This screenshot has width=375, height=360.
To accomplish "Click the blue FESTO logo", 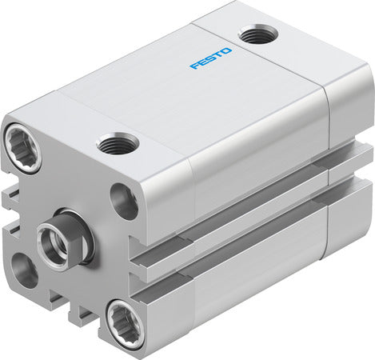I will click(x=211, y=58).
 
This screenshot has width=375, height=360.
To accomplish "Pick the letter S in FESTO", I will click(x=210, y=59).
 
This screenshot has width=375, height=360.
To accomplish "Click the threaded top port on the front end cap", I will click(x=118, y=145).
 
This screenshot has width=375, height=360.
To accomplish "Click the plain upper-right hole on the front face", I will click(x=124, y=201).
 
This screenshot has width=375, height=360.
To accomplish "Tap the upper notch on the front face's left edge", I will click(x=11, y=195).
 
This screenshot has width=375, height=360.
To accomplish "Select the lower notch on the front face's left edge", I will click(x=11, y=232).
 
